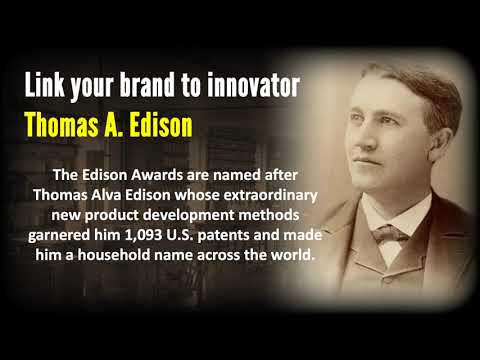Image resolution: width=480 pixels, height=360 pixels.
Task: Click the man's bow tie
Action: click(388, 237)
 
